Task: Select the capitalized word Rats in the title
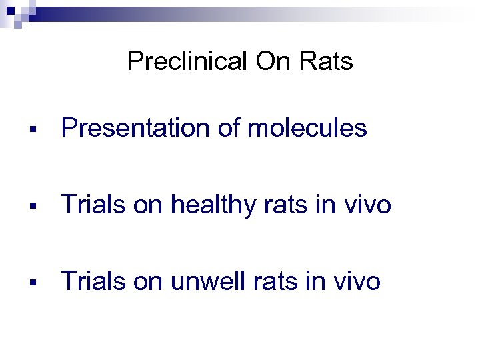[x=326, y=62]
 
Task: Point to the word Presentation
[x=136, y=128]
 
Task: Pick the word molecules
[x=307, y=128]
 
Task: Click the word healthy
[x=213, y=205]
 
